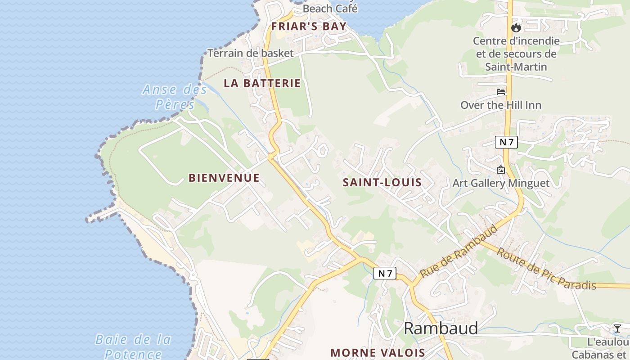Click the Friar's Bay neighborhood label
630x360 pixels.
[309, 27]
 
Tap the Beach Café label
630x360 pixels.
[330, 8]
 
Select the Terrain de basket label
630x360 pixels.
[250, 53]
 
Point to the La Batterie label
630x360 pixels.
[262, 83]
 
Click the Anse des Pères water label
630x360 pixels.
[175, 97]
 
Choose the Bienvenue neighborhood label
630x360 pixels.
[224, 178]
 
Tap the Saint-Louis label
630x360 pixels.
[382, 183]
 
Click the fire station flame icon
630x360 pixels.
[516, 28]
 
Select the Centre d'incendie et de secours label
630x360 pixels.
[516, 54]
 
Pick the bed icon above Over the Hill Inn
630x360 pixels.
[501, 92]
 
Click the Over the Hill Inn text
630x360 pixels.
[500, 105]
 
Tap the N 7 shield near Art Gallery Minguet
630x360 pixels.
[506, 142]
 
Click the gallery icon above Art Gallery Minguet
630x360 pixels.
[500, 170]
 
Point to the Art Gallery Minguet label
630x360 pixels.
[500, 183]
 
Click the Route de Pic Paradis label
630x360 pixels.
[546, 269]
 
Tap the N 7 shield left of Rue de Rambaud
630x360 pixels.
[385, 273]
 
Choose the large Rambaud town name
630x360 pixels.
[441, 328]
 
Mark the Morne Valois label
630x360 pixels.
[378, 352]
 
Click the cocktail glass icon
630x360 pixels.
[617, 328]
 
